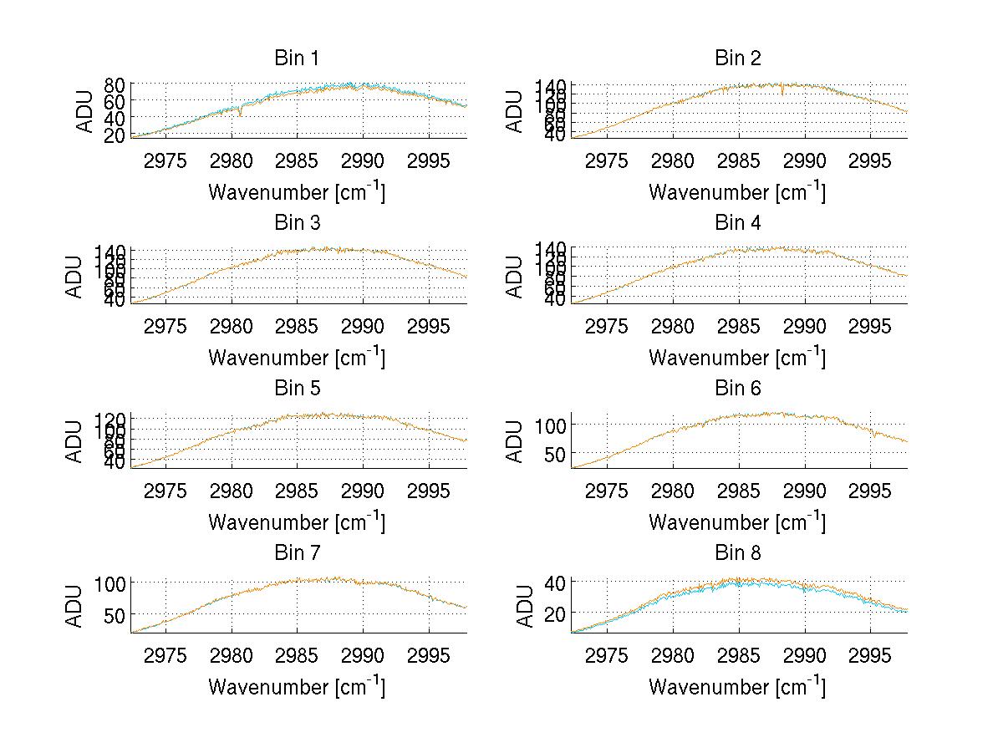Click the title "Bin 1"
point(297,59)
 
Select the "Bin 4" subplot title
point(737,223)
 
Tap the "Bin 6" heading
point(737,388)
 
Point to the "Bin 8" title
point(737,552)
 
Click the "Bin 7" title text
point(297,552)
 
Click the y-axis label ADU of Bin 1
point(85,110)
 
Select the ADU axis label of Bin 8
point(526,606)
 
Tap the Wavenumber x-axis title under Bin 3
point(297,357)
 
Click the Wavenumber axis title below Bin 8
point(737,686)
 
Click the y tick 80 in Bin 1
point(115,84)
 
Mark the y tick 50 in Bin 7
point(115,614)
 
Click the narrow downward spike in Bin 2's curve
point(782,93)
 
